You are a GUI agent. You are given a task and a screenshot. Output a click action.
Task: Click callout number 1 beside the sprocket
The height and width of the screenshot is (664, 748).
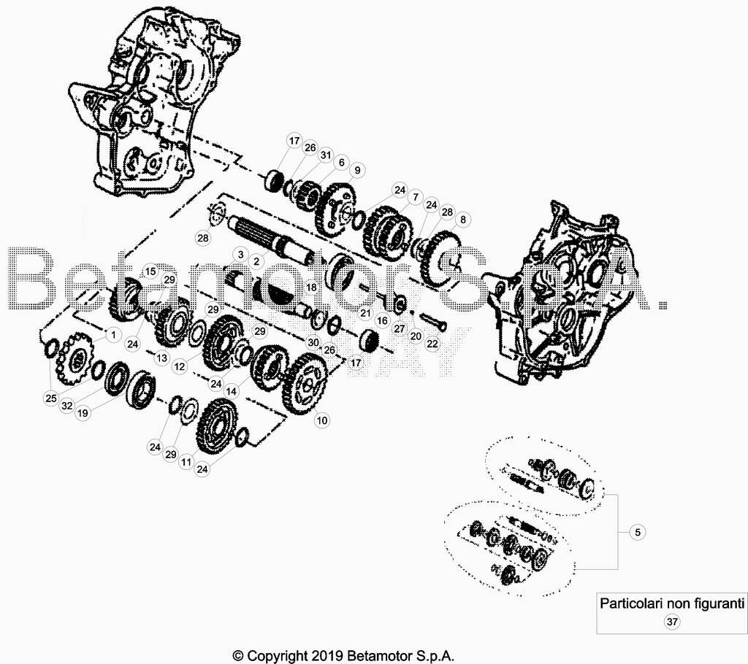[113, 335]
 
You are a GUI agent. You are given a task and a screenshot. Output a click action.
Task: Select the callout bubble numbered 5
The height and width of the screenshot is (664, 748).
[638, 531]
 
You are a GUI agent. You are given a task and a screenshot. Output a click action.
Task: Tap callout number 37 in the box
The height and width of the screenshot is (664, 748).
[672, 622]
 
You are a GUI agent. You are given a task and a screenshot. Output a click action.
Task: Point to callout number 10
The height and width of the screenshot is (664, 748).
[322, 420]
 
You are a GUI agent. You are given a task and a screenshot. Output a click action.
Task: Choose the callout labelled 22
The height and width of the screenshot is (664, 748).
[432, 343]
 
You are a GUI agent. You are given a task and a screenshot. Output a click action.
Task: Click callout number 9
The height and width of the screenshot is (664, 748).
[356, 170]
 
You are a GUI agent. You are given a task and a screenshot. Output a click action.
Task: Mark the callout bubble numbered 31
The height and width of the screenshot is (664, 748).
[326, 155]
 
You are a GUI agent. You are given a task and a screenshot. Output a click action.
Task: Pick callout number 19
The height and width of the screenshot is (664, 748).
[83, 413]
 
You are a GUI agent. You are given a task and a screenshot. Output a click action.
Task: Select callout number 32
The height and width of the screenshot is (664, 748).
[67, 405]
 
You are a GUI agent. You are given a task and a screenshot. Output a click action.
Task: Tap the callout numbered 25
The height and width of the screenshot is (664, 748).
[51, 398]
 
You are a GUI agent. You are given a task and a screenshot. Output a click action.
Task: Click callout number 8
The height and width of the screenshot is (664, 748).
[462, 220]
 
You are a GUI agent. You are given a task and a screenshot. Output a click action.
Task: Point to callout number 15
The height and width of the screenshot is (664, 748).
[150, 271]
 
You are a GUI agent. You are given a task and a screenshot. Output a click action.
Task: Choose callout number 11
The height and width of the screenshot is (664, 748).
[186, 462]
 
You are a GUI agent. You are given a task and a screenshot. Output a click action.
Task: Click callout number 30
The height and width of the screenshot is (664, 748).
[313, 342]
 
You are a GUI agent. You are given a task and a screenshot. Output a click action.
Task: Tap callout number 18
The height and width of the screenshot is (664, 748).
[311, 287]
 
